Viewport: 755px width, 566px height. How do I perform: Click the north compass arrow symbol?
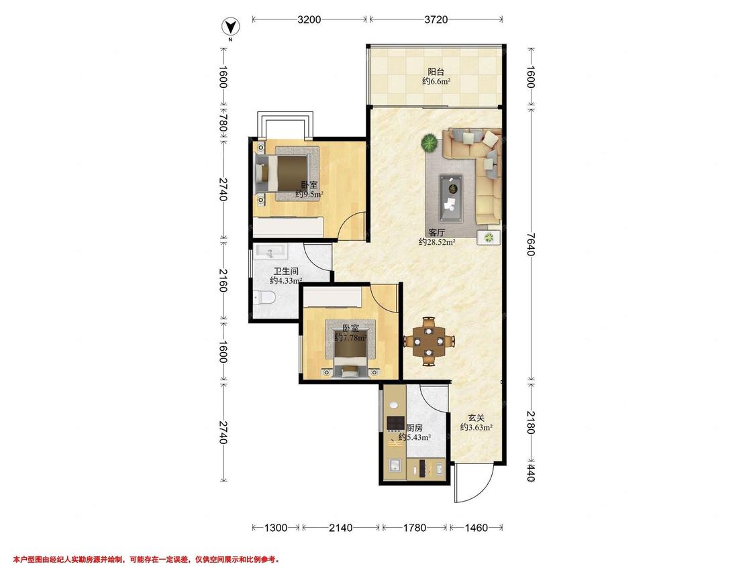[231, 27]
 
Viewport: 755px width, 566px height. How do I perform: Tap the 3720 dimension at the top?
[436, 19]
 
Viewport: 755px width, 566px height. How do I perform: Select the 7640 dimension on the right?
[531, 244]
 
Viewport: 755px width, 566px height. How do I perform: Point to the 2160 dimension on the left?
[223, 280]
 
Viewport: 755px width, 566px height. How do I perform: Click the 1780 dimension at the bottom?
[414, 528]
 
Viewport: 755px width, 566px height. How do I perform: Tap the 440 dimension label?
[531, 472]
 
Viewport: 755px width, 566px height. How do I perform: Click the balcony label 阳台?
[436, 72]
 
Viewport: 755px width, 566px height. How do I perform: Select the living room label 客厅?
[437, 233]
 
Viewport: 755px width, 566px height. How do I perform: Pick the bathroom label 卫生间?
[286, 272]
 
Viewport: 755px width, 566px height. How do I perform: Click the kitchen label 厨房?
[415, 427]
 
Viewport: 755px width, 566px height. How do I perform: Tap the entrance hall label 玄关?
[476, 418]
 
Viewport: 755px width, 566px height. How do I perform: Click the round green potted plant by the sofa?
[429, 144]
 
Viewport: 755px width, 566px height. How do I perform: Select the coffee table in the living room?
[451, 199]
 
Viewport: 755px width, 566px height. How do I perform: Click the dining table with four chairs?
[429, 341]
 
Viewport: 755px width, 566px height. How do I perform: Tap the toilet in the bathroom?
[263, 298]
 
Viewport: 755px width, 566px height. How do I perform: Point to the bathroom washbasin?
[270, 251]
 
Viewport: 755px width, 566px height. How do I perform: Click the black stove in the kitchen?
[395, 423]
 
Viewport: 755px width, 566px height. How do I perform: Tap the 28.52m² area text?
[437, 242]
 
